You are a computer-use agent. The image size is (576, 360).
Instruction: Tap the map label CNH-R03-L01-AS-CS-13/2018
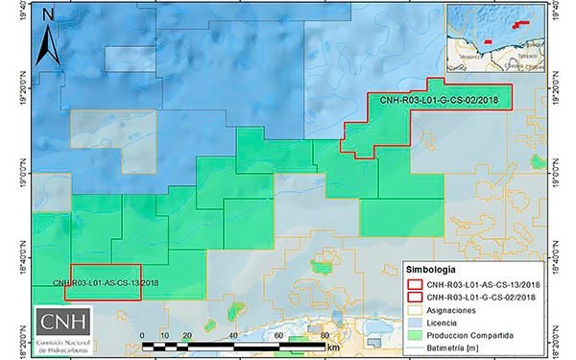[x=107, y=281]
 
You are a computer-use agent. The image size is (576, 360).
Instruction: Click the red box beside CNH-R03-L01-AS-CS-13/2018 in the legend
[x=415, y=284]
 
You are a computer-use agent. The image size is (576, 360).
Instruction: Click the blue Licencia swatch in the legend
[x=415, y=323]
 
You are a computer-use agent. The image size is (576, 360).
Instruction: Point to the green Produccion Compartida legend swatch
[x=415, y=335]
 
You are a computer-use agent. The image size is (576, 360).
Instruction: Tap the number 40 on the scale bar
[x=233, y=335]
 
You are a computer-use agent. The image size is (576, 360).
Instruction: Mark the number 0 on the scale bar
[x=143, y=335]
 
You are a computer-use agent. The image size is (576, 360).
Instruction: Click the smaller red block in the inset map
[x=487, y=42]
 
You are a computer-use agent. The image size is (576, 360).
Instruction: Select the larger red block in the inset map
[x=523, y=25]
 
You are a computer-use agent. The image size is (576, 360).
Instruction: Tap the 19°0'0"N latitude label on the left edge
[x=8, y=174]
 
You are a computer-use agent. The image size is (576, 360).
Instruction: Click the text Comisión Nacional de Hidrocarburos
[x=64, y=347]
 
